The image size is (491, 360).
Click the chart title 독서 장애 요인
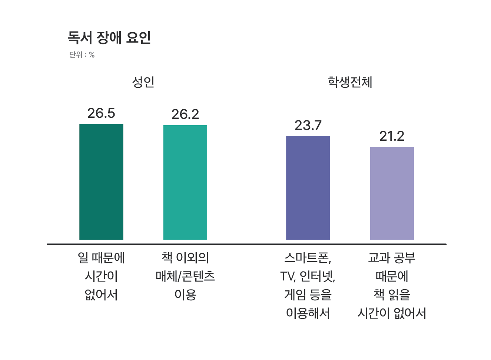[109, 37]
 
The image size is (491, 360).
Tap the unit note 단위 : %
[82, 55]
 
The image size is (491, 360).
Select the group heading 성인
[143, 82]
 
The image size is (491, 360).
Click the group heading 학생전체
[350, 82]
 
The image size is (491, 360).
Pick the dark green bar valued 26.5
[101, 182]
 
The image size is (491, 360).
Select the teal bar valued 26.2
[185, 183]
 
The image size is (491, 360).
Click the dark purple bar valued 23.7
[308, 188]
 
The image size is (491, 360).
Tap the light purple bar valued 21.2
[392, 193]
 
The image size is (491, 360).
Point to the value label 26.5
[101, 113]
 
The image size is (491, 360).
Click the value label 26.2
[185, 114]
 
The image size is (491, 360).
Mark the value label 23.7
[308, 126]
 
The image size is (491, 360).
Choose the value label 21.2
[392, 136]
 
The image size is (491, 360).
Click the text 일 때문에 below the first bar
[101, 258]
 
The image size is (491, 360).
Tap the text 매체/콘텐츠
[185, 276]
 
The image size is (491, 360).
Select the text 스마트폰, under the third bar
[308, 258]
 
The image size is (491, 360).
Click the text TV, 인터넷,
[308, 276]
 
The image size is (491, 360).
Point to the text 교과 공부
[392, 258]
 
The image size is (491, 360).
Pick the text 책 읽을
[392, 295]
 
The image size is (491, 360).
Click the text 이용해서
[308, 313]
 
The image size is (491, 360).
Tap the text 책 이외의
[185, 258]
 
